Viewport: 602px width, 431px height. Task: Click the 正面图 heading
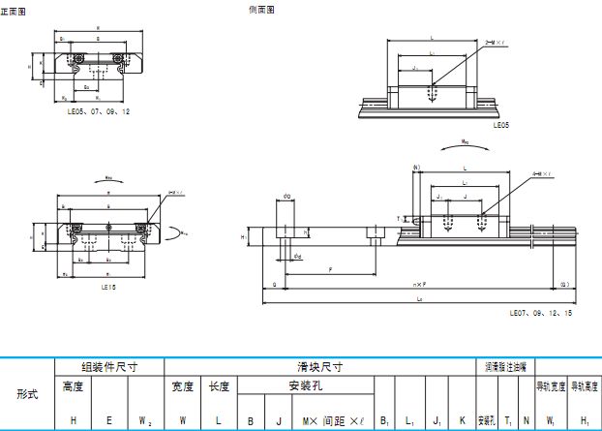[14, 11]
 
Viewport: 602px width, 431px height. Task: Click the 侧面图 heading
[262, 10]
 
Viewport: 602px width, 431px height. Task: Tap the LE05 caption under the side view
[500, 125]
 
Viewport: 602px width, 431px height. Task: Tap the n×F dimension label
[418, 284]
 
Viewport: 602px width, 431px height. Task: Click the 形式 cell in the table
[27, 394]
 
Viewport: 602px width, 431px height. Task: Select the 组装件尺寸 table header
[108, 368]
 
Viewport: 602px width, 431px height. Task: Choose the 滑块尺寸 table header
[319, 368]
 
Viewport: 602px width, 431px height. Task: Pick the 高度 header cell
[74, 386]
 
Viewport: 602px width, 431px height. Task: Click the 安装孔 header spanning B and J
[305, 386]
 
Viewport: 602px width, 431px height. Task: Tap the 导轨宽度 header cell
[551, 387]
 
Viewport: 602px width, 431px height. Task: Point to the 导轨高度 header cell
[585, 387]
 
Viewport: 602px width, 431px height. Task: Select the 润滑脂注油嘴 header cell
[504, 368]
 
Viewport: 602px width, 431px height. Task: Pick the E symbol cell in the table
[108, 420]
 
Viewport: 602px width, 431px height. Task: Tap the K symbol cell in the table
[462, 420]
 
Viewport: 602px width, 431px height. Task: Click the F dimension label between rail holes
[331, 271]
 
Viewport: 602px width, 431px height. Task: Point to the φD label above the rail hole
[287, 197]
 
